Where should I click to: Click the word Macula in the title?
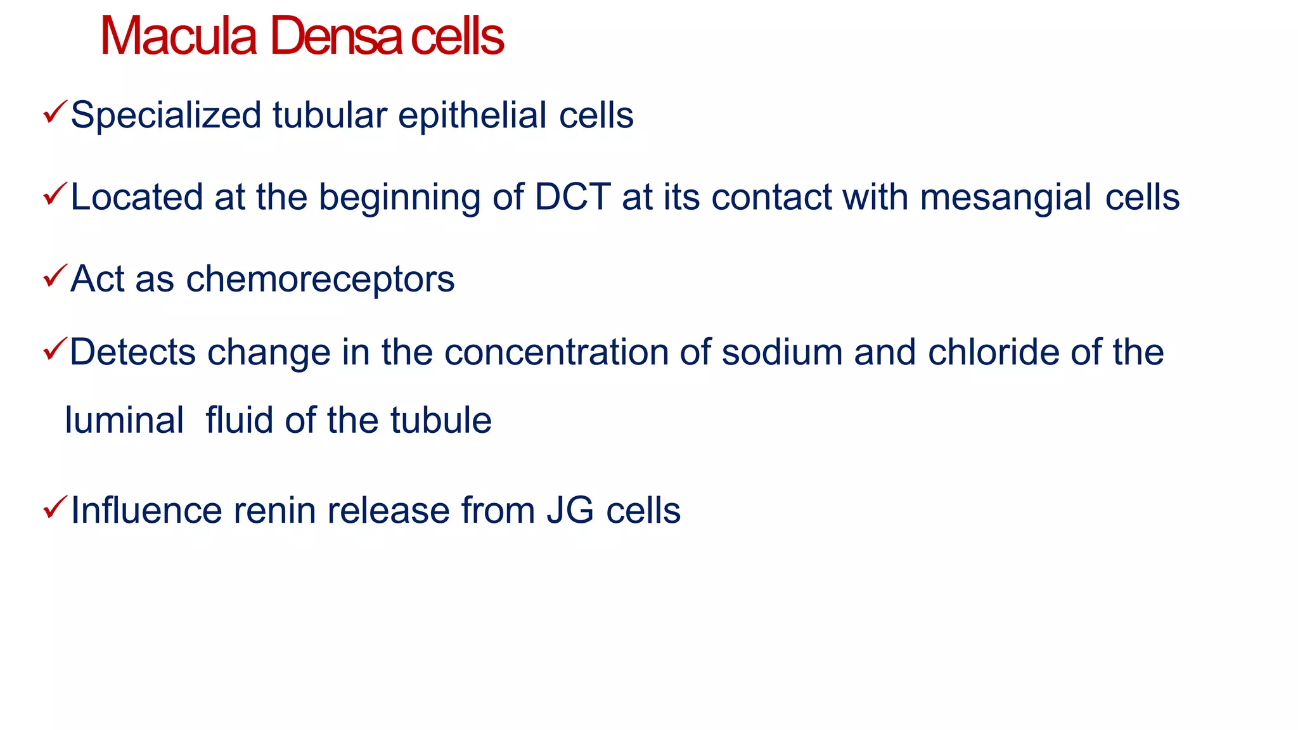178,37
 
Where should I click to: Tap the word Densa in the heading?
337,37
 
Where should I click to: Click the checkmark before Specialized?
55,112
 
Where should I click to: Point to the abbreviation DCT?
573,197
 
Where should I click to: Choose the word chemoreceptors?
320,279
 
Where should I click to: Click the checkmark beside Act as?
55,276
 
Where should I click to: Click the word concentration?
556,352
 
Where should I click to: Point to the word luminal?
124,421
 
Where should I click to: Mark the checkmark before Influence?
55,507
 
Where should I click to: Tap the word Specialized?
166,116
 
